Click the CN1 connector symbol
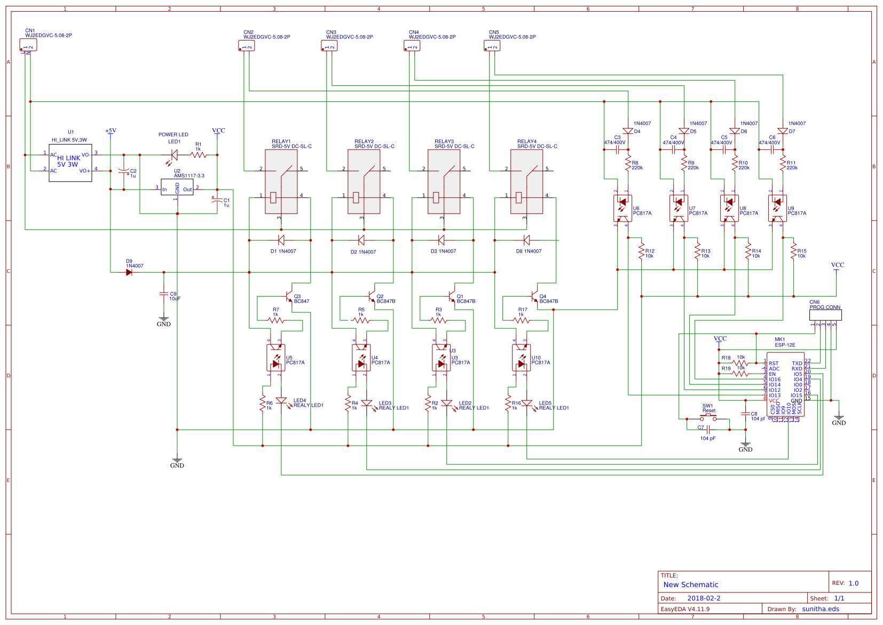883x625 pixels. point(28,45)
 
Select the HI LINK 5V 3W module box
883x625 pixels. point(70,163)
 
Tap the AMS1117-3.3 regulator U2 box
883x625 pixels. point(177,187)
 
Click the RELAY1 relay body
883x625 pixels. point(281,181)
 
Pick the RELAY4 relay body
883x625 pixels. point(526,181)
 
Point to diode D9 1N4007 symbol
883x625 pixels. point(129,272)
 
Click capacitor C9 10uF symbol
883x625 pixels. point(164,294)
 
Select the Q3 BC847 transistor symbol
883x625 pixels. point(289,296)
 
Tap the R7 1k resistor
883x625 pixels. point(275,320)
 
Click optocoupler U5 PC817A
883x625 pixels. point(275,358)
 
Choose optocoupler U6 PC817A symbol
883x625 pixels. point(622,208)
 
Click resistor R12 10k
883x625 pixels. point(642,251)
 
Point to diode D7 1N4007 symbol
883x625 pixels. point(783,131)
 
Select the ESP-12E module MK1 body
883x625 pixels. point(785,384)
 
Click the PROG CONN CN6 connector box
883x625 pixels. point(825,315)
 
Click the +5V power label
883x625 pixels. point(111,131)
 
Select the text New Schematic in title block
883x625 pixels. point(691,584)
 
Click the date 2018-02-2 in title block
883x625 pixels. point(704,598)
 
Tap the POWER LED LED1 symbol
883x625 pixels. point(173,155)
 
